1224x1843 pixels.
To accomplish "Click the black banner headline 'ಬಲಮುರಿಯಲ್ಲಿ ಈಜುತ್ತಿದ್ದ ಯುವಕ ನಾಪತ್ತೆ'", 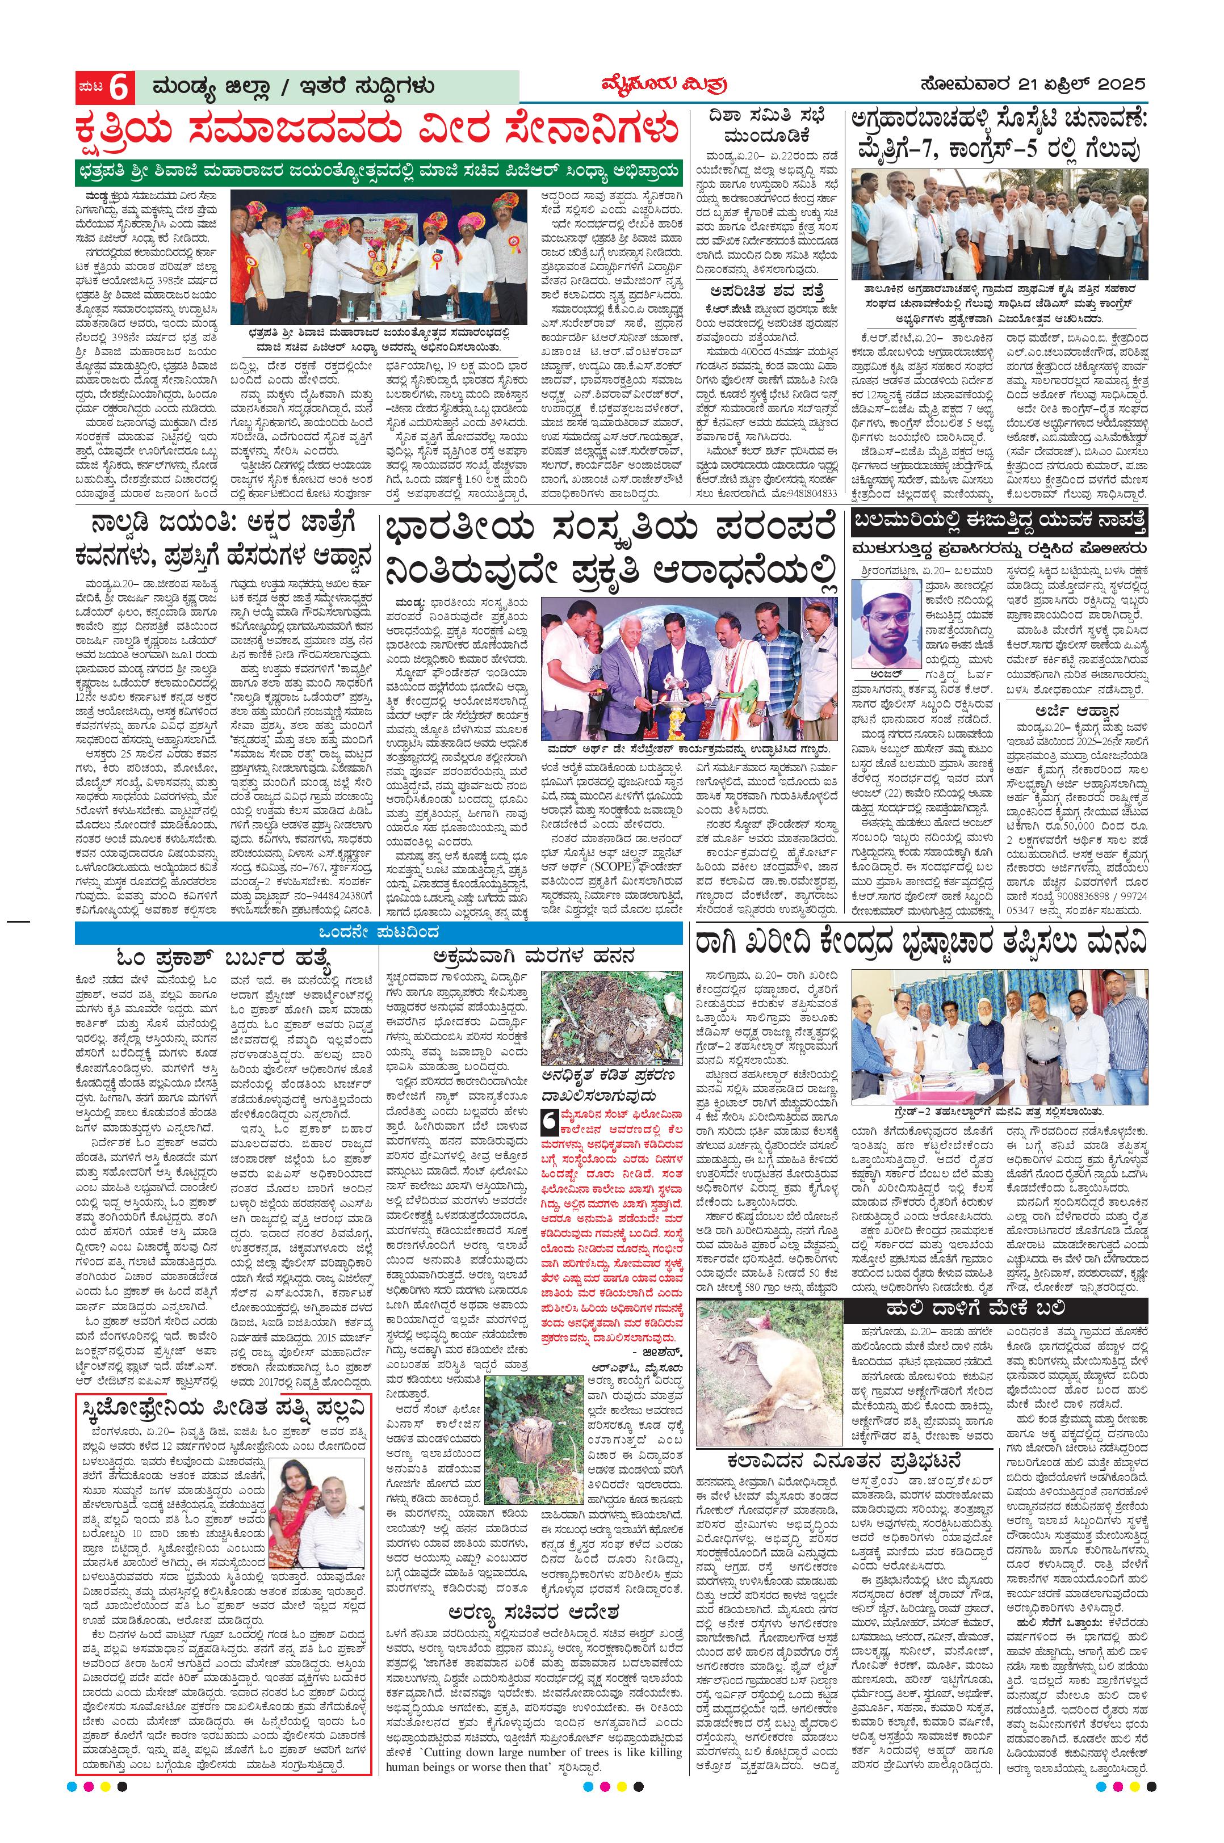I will click(x=999, y=522).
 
